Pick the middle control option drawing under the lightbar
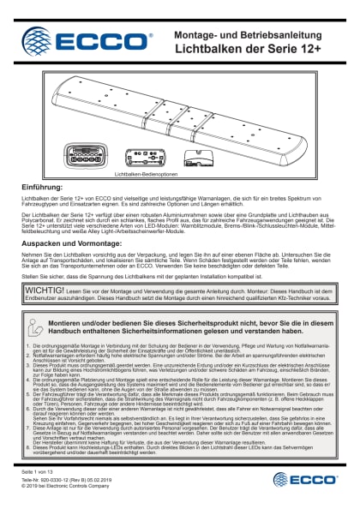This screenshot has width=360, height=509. coord(141,156)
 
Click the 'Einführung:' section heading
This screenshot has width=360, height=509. coord(43,186)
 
